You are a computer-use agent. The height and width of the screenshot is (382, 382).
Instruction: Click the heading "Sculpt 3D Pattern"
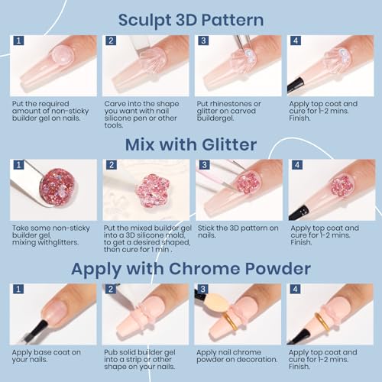click(191, 21)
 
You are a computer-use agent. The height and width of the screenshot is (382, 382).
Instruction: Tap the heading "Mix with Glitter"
click(191, 144)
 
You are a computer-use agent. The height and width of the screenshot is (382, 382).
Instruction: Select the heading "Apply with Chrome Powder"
click(191, 269)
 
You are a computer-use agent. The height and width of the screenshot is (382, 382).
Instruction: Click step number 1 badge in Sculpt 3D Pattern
click(18, 40)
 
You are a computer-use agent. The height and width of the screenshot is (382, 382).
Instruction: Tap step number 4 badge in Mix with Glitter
click(297, 165)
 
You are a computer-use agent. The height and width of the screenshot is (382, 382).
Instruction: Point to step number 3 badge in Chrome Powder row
click(202, 289)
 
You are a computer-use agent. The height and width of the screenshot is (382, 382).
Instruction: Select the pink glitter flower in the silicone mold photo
click(153, 191)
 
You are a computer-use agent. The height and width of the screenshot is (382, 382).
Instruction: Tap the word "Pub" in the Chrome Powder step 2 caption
click(110, 352)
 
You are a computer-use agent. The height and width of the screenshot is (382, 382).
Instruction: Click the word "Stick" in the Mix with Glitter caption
click(206, 228)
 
